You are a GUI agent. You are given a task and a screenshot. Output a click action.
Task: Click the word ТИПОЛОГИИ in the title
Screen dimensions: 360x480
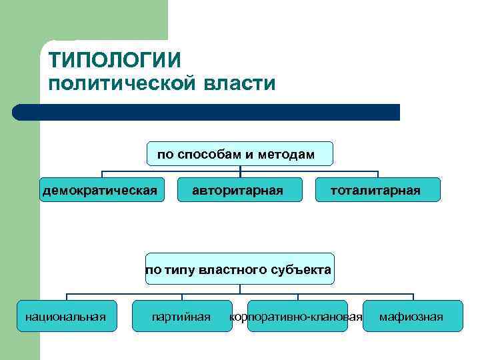pos(115,59)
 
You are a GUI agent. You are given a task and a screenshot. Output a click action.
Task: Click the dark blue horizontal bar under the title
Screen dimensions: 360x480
pos(207,112)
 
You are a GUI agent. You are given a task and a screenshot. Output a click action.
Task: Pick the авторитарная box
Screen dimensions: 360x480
pos(238,191)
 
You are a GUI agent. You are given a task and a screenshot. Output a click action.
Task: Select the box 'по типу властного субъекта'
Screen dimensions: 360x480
pos(239,269)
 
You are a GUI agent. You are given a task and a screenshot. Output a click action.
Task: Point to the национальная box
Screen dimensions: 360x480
pos(65,316)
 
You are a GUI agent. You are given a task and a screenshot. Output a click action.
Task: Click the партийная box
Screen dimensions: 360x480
pos(181,316)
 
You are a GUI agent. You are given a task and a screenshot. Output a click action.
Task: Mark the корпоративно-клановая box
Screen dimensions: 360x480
pos(296,316)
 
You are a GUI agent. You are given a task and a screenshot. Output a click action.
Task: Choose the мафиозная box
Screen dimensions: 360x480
pos(411,316)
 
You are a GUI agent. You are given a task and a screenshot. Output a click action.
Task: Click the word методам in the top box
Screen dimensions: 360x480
pos(289,155)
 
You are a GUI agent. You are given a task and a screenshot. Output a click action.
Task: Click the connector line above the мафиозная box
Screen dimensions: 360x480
pos(413,297)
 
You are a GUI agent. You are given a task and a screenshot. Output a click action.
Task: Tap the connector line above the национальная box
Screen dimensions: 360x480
pos(66,297)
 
